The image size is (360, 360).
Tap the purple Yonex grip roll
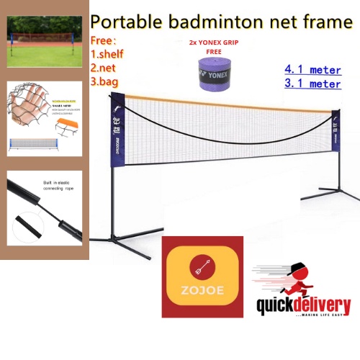215,74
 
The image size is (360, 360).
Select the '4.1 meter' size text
312,71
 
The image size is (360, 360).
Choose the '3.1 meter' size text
312,84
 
